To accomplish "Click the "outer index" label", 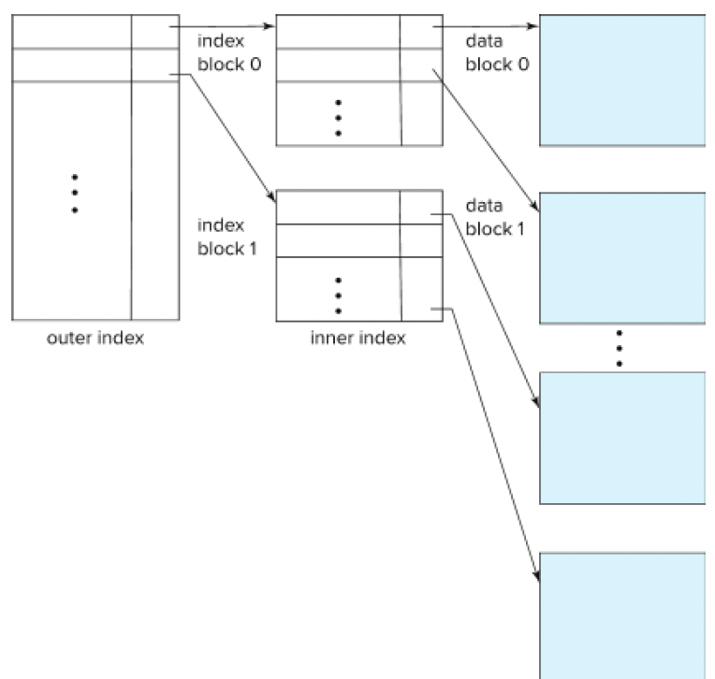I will (95, 339).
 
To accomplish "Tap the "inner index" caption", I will (358, 339).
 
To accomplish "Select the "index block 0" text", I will (224, 53).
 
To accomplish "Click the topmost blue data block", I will (621, 80).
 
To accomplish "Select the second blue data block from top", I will (621, 258).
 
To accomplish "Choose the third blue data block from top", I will (621, 437).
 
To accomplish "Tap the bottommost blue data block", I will (621, 614).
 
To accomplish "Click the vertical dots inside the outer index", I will (74, 194).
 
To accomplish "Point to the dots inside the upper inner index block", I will (338, 117).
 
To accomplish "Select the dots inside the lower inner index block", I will (338, 295).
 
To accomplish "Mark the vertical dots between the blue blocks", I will (620, 347).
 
